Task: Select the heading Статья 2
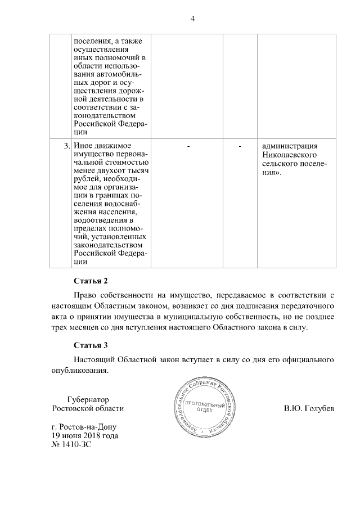[90, 280]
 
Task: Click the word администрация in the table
[290, 146]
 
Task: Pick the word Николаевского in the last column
[288, 155]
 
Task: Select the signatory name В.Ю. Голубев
[309, 408]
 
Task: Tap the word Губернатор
[88, 399]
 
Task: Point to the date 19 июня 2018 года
[85, 435]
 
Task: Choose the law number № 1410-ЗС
[71, 444]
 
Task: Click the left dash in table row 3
[188, 146]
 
